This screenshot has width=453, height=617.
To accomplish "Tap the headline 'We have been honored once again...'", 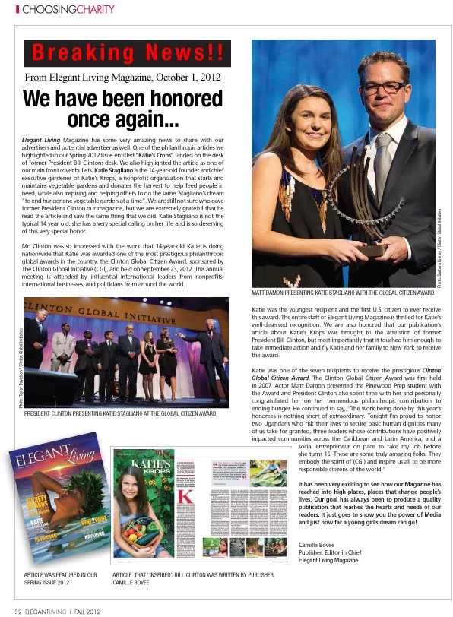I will [x=122, y=109].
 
